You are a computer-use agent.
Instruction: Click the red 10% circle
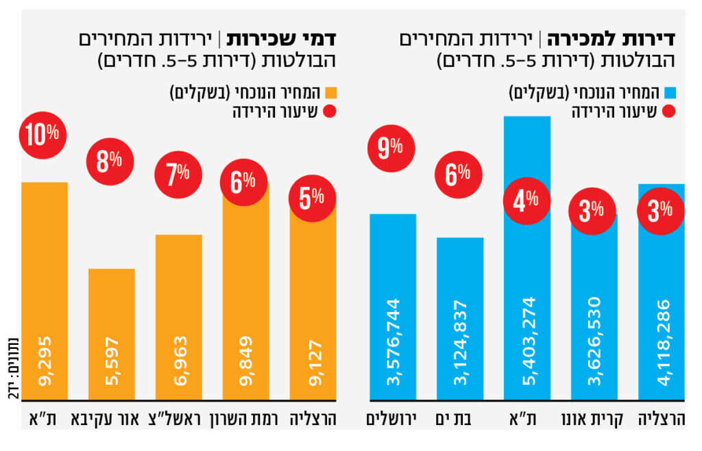[44, 134]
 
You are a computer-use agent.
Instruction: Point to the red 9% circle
[391, 146]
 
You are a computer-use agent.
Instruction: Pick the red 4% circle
[526, 201]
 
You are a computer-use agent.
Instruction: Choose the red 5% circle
[313, 198]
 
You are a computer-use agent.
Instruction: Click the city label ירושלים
[393, 417]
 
